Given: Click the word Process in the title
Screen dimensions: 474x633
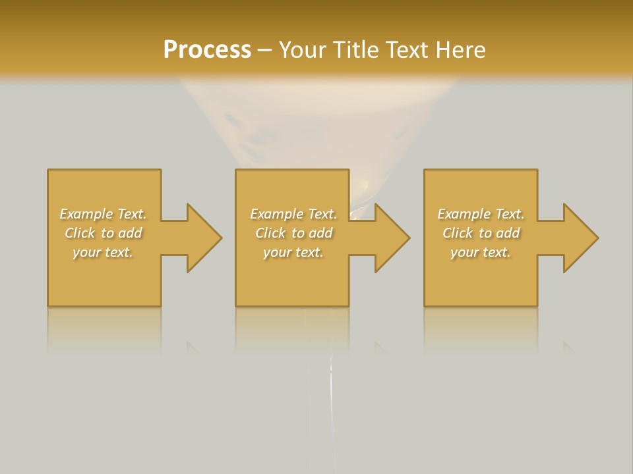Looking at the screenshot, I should coord(206,50).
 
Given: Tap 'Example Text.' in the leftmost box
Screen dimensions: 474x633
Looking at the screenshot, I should coord(103,214).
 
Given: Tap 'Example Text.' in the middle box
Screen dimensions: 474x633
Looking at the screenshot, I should coord(293,214).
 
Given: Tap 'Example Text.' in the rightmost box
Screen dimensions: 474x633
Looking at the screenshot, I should coord(481,214).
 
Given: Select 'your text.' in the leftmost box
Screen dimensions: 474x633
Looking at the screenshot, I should coord(103,252).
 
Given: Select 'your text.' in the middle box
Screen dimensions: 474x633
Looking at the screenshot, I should coord(293,252).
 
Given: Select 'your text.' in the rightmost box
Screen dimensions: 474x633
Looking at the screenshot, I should coord(481,252).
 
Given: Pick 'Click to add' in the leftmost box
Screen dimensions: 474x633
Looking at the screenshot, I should coord(103,233).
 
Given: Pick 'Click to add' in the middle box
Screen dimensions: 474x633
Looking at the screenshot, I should coord(293,233).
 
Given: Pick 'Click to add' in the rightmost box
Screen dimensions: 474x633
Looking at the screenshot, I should coord(481,233).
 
